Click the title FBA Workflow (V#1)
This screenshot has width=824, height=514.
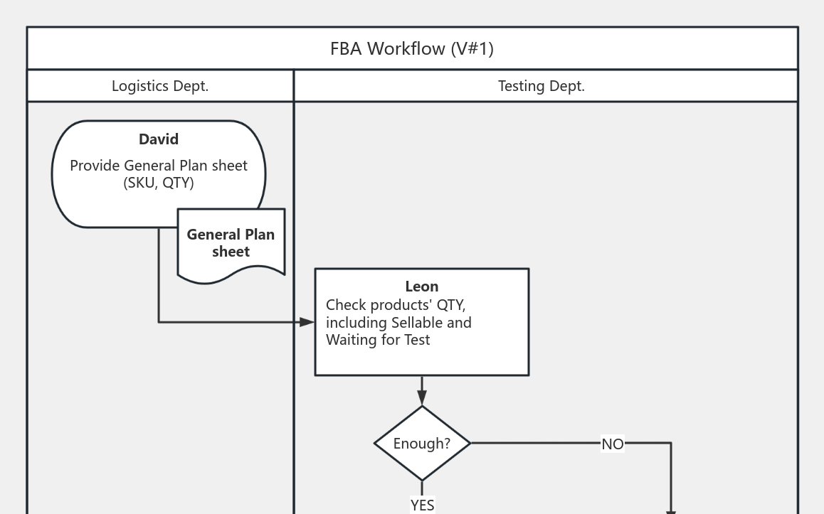pyautogui.click(x=411, y=48)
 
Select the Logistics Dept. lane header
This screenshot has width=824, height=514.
pyautogui.click(x=160, y=86)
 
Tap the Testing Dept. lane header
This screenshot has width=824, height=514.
pyautogui.click(x=541, y=86)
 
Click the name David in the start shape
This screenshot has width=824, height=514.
pyautogui.click(x=159, y=139)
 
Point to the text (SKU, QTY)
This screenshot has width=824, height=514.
pyautogui.click(x=159, y=183)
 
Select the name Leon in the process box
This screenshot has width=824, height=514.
pyautogui.click(x=422, y=287)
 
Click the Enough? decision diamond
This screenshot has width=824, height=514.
pyautogui.click(x=422, y=443)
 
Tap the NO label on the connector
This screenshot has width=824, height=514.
pyautogui.click(x=613, y=444)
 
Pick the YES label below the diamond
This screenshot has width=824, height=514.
pyautogui.click(x=422, y=505)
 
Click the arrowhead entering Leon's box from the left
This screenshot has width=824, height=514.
pyautogui.click(x=307, y=322)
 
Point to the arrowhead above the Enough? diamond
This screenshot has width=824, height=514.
pyautogui.click(x=422, y=398)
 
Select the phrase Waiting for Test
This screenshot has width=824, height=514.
pyautogui.click(x=378, y=340)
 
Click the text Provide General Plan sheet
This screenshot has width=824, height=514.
pyautogui.click(x=159, y=166)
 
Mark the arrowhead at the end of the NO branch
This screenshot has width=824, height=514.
pyautogui.click(x=670, y=511)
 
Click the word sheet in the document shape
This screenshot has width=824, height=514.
pyautogui.click(x=231, y=252)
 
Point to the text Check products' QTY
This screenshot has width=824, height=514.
pyautogui.click(x=396, y=305)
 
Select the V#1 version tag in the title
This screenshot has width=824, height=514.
pyautogui.click(x=472, y=48)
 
